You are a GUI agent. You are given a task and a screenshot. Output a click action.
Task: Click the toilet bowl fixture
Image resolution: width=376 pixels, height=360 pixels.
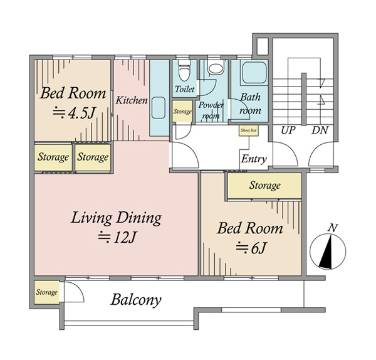tap(184, 71)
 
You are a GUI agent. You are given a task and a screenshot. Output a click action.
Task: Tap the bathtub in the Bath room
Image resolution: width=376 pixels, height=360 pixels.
tap(254, 73)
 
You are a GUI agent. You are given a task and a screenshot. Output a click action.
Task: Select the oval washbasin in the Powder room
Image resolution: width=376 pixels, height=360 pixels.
tap(216, 69)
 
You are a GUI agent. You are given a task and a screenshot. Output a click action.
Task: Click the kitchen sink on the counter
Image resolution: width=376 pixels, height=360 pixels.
tap(159, 108)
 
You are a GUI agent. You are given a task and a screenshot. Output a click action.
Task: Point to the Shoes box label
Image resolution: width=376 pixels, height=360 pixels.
tap(249, 130)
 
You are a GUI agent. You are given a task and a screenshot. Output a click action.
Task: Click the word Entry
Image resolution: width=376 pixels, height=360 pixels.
tap(254, 159)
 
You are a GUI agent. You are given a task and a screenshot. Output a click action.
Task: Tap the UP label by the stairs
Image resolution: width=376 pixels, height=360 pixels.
tap(288, 130)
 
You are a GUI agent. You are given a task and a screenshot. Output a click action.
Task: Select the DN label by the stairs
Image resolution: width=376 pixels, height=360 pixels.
tap(320, 130)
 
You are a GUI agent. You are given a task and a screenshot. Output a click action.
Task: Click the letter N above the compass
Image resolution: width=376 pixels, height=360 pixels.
tap(333, 228)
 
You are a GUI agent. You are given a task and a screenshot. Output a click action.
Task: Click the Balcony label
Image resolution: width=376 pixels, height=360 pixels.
tap(136, 300)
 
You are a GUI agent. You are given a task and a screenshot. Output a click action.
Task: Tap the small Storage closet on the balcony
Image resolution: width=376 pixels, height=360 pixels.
tap(46, 292)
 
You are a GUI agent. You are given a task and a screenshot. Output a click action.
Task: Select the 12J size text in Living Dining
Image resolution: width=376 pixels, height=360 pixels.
tap(118, 238)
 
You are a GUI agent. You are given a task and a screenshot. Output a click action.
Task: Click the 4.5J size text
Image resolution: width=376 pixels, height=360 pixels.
tap(75, 113)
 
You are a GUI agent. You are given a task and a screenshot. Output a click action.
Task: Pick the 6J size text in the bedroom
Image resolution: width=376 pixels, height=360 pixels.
tap(251, 248)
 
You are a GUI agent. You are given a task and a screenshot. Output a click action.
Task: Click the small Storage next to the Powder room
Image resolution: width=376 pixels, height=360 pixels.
tap(182, 112)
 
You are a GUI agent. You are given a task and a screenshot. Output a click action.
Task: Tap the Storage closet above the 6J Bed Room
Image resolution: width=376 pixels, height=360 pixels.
tap(264, 186)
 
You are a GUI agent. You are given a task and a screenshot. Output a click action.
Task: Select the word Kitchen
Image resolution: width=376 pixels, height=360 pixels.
tap(132, 100)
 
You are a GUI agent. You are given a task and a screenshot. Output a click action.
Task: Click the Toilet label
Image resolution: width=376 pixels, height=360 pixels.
tap(185, 89)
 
